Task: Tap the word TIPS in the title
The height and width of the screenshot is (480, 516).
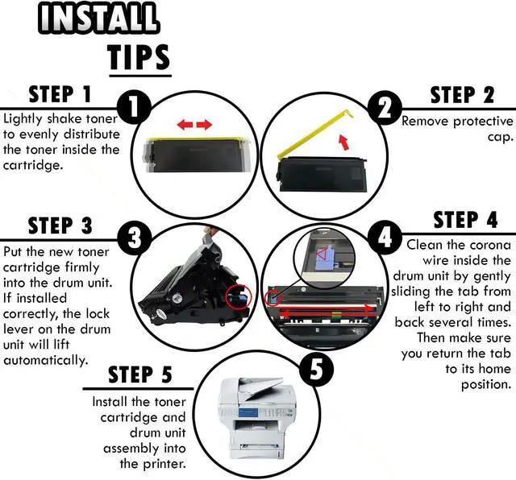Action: pyautogui.click(x=139, y=57)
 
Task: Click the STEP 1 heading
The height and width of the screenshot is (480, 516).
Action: pyautogui.click(x=61, y=95)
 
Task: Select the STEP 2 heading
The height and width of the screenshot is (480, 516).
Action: pyautogui.click(x=462, y=95)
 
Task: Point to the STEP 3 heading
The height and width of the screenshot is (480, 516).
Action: pyautogui.click(x=60, y=226)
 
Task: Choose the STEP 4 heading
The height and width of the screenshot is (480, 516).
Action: pyautogui.click(x=465, y=220)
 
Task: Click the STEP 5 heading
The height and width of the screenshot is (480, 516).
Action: pyautogui.click(x=140, y=374)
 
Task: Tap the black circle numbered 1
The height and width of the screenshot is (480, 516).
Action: pyautogui.click(x=134, y=106)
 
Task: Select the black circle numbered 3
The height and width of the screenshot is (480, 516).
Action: pyautogui.click(x=134, y=237)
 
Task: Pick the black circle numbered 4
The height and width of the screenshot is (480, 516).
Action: pyautogui.click(x=384, y=237)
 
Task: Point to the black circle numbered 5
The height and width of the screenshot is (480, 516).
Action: pyautogui.click(x=314, y=371)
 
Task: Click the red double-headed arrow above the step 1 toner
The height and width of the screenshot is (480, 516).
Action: pyautogui.click(x=194, y=125)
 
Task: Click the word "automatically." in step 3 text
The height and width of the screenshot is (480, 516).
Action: pyautogui.click(x=45, y=360)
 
